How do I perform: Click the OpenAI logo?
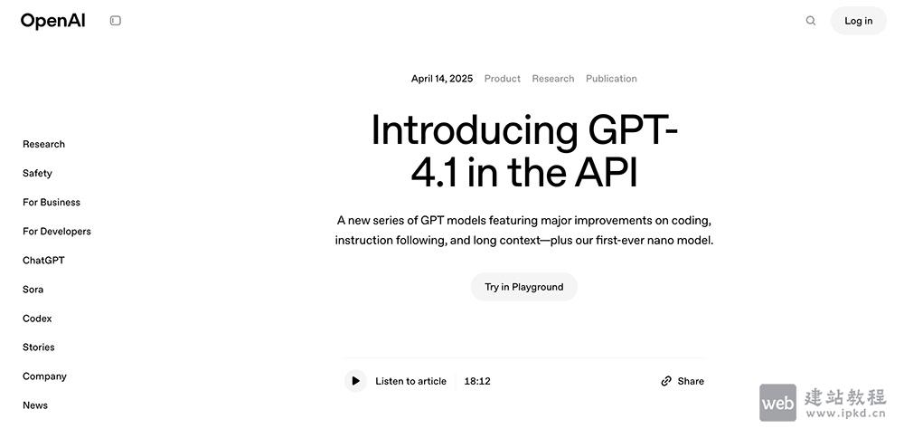pyautogui.click(x=52, y=21)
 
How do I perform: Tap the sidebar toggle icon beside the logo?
pyautogui.click(x=116, y=21)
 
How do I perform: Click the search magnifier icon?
pyautogui.click(x=811, y=21)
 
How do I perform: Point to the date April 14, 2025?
pyautogui.click(x=442, y=79)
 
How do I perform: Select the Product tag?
pyautogui.click(x=503, y=79)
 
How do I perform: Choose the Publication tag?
pyautogui.click(x=611, y=79)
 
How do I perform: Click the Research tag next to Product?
pyautogui.click(x=553, y=79)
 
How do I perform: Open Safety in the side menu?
pyautogui.click(x=37, y=173)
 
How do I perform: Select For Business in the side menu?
pyautogui.click(x=52, y=202)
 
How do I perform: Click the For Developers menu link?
pyautogui.click(x=57, y=231)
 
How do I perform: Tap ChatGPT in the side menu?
pyautogui.click(x=43, y=260)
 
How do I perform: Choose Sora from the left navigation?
pyautogui.click(x=33, y=290)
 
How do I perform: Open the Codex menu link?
pyautogui.click(x=37, y=319)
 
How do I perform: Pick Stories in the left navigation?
pyautogui.click(x=39, y=348)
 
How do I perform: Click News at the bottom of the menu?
pyautogui.click(x=35, y=405)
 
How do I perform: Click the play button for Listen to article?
pyautogui.click(x=355, y=381)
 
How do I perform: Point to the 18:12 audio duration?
pyautogui.click(x=477, y=381)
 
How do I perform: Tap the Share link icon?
pyautogui.click(x=666, y=381)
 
